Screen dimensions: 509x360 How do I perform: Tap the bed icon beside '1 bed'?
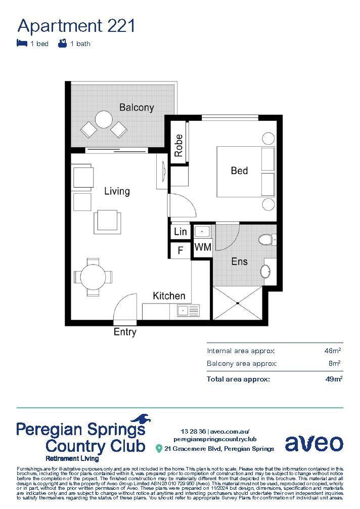click(22, 44)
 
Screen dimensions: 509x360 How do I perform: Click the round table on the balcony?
click(104, 120)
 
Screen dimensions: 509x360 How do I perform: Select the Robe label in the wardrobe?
click(178, 145)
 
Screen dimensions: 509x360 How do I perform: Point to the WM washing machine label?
click(203, 248)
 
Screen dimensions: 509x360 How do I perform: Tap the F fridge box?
click(179, 250)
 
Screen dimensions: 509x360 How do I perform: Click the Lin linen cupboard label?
click(180, 232)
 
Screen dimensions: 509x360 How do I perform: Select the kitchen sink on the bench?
click(183, 310)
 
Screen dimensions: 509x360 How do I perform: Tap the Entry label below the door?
click(125, 332)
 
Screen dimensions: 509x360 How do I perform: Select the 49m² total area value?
click(334, 378)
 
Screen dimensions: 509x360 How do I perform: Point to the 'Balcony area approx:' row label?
click(242, 364)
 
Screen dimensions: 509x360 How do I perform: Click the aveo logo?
click(313, 443)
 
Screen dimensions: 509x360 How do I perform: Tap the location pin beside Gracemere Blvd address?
click(159, 448)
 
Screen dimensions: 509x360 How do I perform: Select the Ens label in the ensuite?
click(239, 262)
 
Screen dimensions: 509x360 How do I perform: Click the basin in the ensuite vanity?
click(265, 272)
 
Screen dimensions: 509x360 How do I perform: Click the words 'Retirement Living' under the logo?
click(72, 459)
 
